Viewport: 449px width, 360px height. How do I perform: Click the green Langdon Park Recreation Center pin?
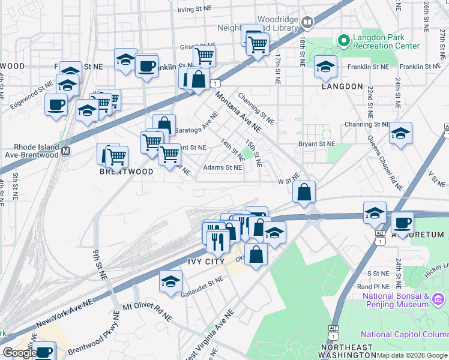click(343, 41)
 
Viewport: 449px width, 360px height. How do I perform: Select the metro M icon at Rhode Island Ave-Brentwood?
click(66, 151)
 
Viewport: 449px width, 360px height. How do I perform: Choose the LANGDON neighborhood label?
click(342, 86)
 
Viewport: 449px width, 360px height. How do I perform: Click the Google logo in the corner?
click(19, 352)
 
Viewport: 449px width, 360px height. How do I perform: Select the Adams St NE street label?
click(223, 168)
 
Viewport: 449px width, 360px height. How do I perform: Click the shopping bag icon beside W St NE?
click(304, 193)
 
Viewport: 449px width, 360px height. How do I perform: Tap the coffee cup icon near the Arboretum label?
click(402, 223)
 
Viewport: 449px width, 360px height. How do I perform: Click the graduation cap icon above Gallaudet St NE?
click(170, 280)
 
